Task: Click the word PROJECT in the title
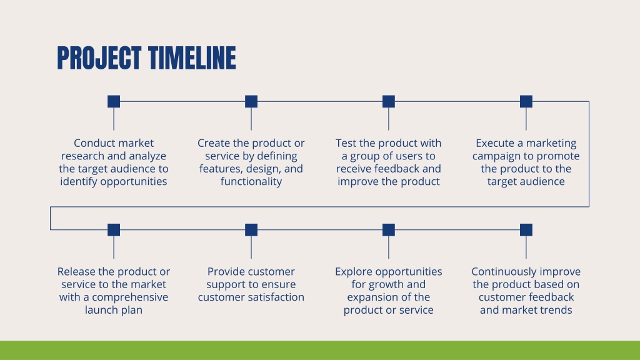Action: click(x=99, y=58)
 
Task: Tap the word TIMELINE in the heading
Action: click(x=192, y=58)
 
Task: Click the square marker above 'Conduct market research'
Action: click(x=114, y=101)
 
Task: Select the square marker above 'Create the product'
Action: click(x=251, y=101)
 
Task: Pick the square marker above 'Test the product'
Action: click(x=389, y=101)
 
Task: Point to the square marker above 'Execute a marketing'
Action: click(x=526, y=101)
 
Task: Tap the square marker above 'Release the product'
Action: click(x=114, y=230)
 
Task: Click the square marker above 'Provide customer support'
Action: click(x=251, y=230)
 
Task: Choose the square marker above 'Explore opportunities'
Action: click(x=389, y=230)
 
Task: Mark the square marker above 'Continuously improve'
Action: click(x=526, y=230)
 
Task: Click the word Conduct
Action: click(x=92, y=143)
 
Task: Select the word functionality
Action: click(x=251, y=182)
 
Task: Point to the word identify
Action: click(x=79, y=182)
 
